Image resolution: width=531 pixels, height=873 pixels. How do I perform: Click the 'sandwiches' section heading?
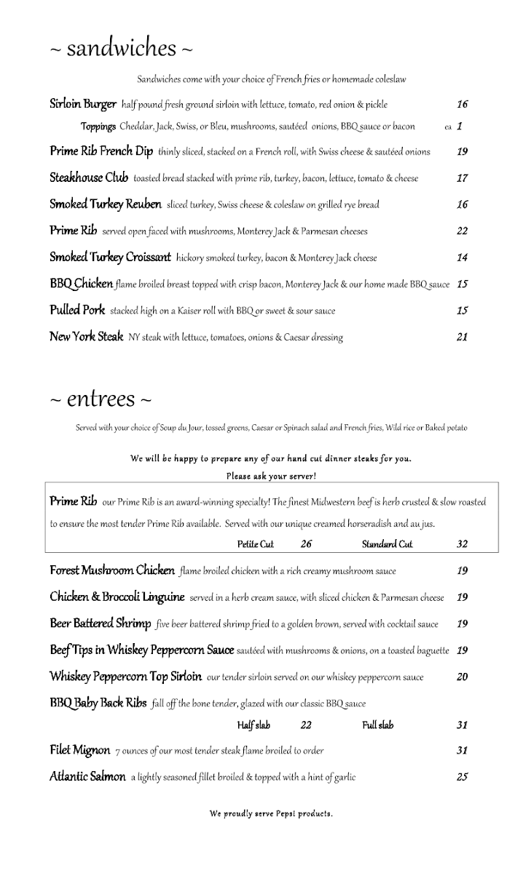click(x=122, y=49)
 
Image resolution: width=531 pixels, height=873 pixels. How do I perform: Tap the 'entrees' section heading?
click(x=102, y=399)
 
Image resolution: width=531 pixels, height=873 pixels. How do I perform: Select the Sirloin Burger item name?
click(x=83, y=104)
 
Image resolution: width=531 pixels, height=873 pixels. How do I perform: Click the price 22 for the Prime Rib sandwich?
click(x=462, y=231)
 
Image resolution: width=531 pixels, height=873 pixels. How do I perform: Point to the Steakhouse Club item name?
click(x=89, y=178)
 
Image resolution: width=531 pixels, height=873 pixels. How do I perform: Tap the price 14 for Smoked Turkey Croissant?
click(x=462, y=258)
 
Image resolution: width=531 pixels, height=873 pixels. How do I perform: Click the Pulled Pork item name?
click(x=77, y=310)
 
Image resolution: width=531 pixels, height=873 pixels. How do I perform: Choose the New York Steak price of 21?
click(x=462, y=337)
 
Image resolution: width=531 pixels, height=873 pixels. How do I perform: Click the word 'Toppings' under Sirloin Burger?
click(x=98, y=127)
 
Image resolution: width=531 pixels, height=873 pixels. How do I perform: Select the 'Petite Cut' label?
click(x=255, y=544)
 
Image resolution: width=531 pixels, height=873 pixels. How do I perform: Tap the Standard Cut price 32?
click(x=462, y=544)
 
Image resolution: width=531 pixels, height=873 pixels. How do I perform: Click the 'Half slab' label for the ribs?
click(x=253, y=725)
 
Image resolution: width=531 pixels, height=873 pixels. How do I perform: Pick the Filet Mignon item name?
click(x=80, y=750)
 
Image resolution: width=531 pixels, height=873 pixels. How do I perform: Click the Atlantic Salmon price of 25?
click(x=462, y=777)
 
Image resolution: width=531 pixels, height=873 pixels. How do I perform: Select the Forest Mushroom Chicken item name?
click(x=112, y=570)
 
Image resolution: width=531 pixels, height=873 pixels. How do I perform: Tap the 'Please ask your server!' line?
click(x=271, y=477)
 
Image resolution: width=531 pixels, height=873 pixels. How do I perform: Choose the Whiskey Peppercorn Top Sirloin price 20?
click(x=462, y=677)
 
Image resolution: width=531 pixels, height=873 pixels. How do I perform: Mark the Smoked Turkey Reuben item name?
click(x=106, y=204)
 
